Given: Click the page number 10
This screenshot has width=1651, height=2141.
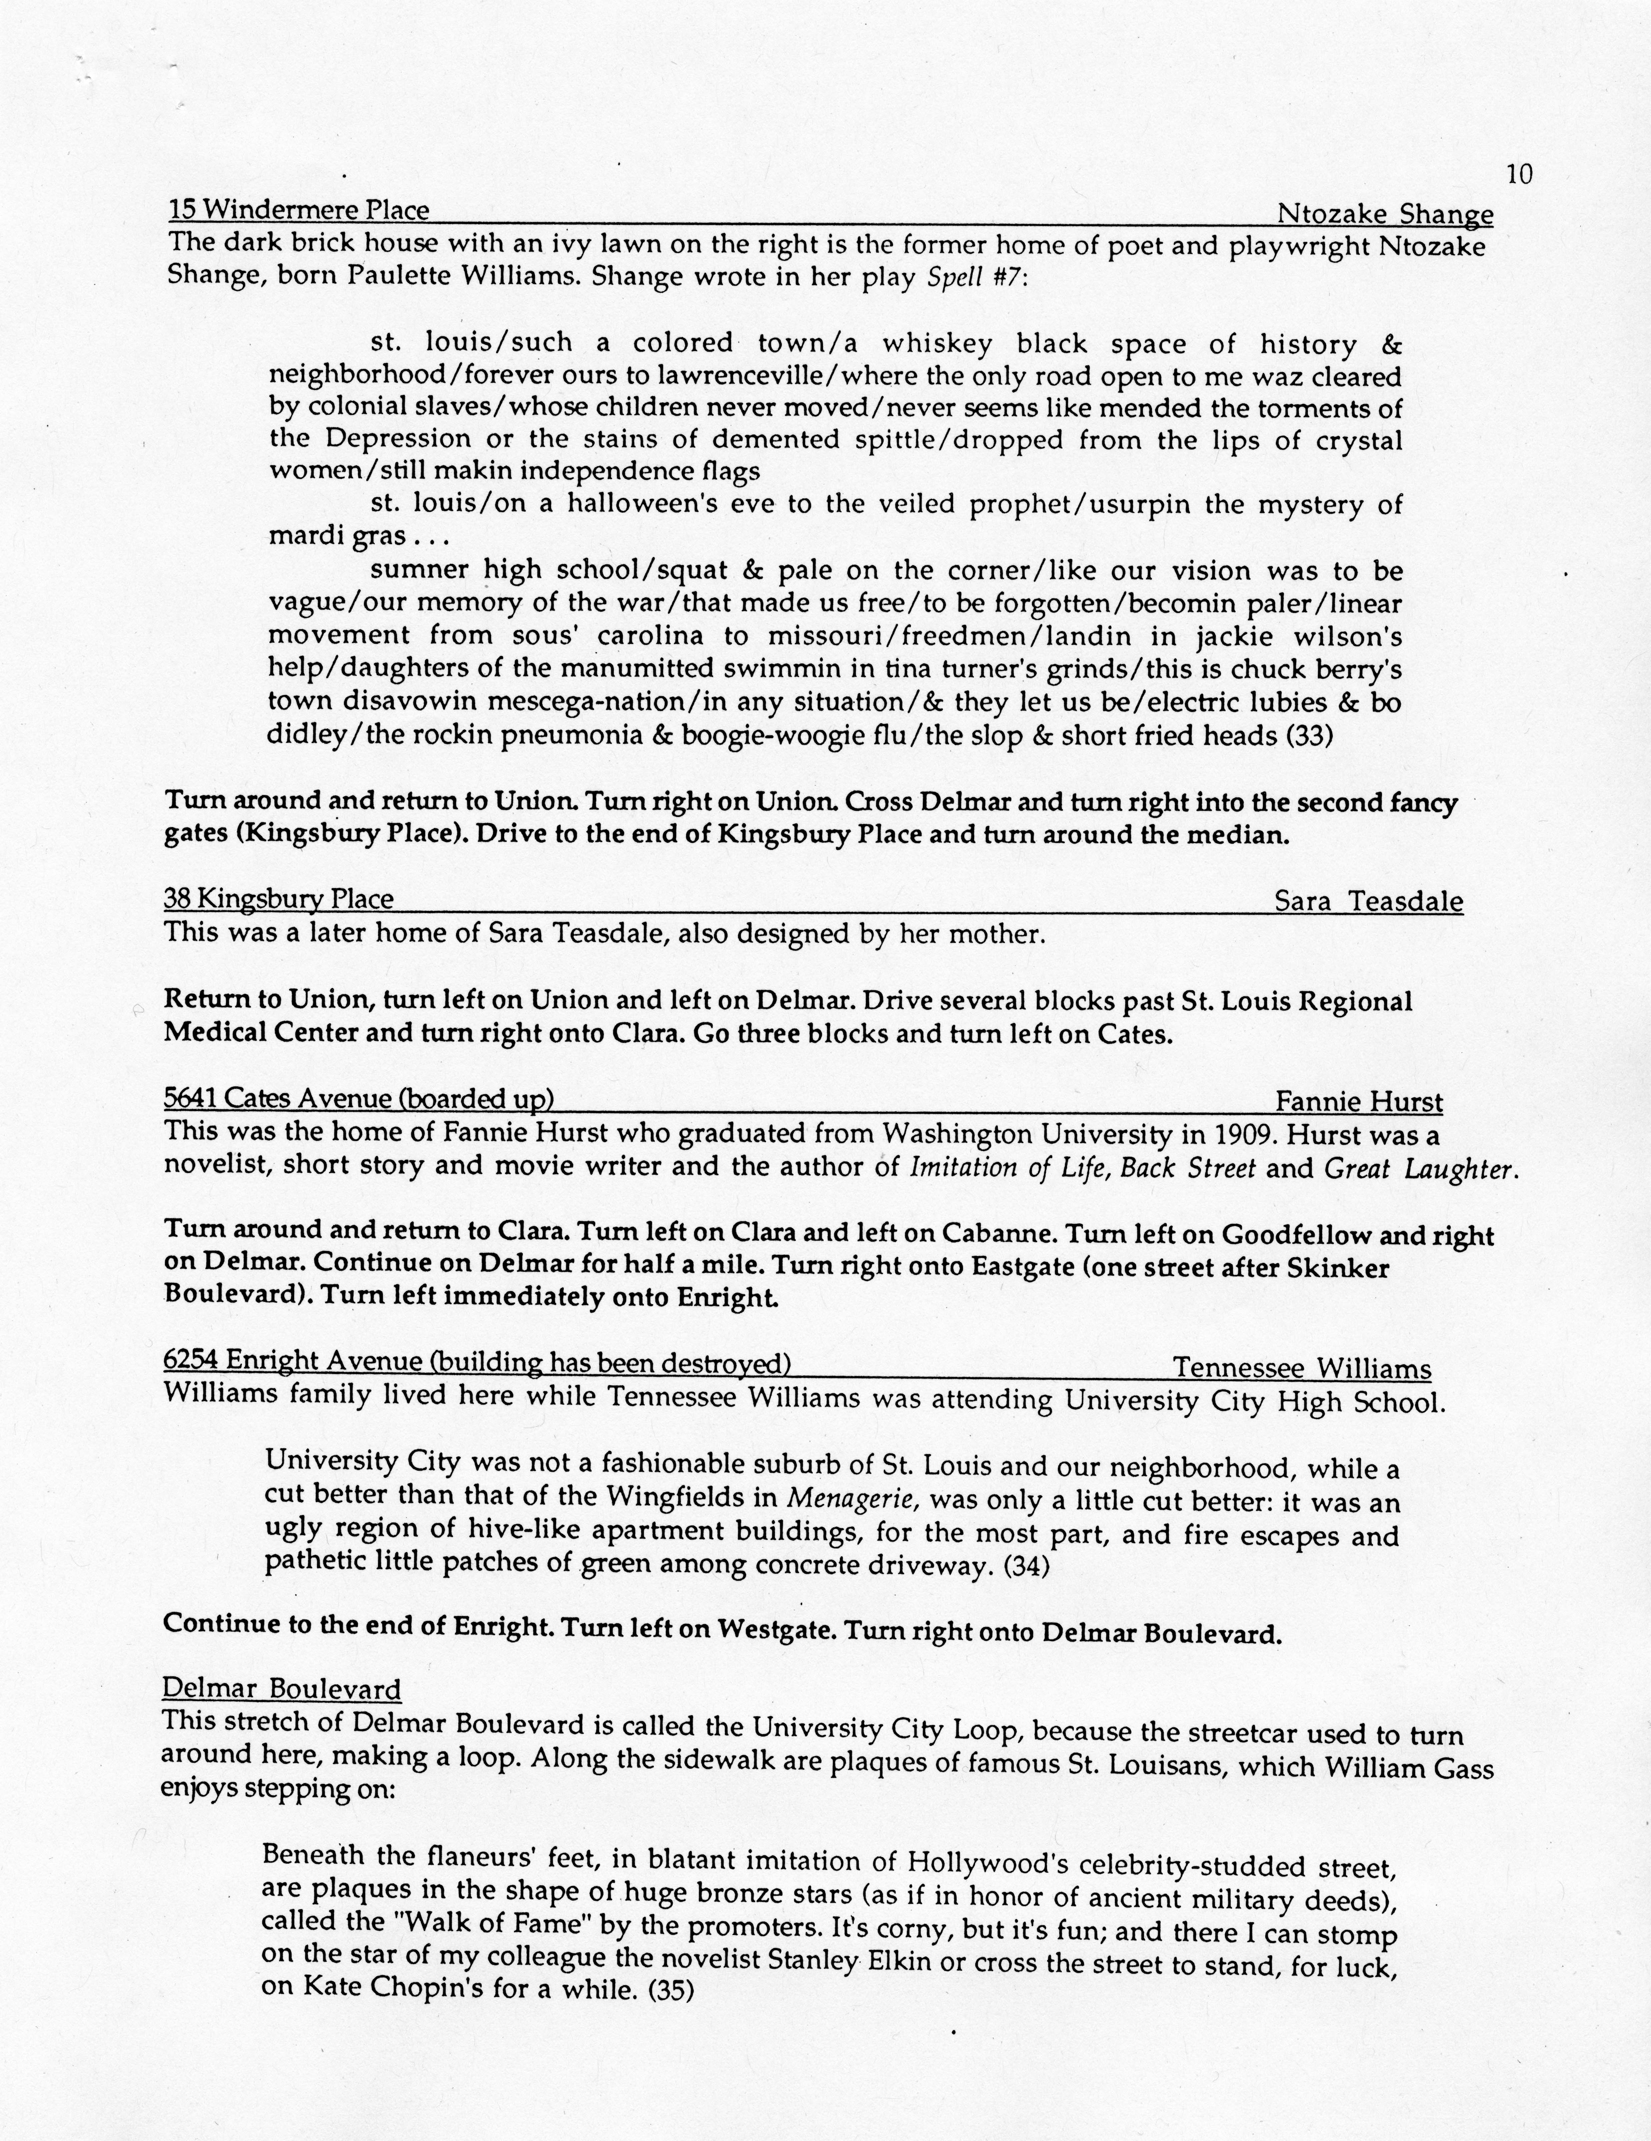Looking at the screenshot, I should (1519, 174).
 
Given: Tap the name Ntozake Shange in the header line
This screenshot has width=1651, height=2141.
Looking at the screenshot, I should (1385, 215).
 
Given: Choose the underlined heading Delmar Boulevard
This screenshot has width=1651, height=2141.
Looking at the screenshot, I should (281, 1689).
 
